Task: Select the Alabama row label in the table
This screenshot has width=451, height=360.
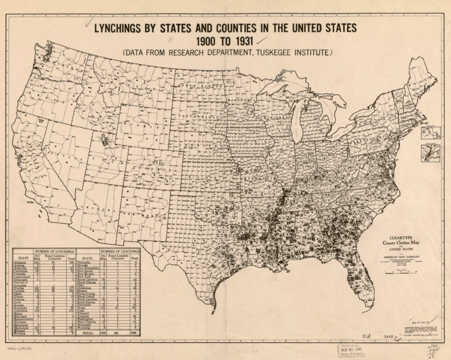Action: tap(21, 262)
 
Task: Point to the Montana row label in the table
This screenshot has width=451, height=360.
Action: tap(21, 333)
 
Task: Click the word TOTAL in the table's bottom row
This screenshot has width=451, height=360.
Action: tap(88, 332)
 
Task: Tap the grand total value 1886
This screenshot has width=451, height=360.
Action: tap(134, 332)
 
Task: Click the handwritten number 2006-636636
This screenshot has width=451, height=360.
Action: tap(19, 347)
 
